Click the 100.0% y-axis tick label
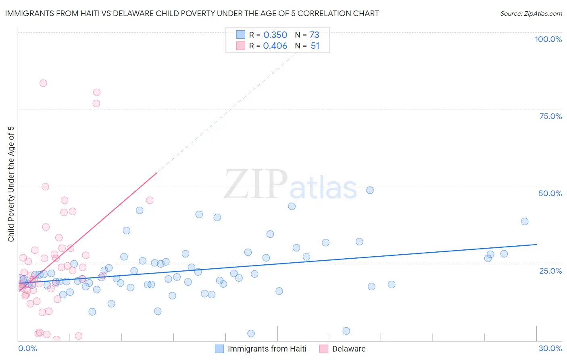click(548, 39)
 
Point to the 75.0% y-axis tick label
click(550, 116)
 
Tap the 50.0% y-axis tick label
click(550, 193)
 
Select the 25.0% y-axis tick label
click(550, 270)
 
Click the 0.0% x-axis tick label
click(27, 348)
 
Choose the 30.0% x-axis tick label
click(550, 348)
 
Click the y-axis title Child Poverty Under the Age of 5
click(11, 184)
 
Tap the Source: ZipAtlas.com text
click(531, 13)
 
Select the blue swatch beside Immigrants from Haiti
click(219, 349)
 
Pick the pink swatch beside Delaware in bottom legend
click(323, 349)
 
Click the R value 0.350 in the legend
click(275, 35)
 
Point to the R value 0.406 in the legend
click(275, 46)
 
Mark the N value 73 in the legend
click(314, 35)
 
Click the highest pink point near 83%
click(43, 83)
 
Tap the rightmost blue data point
click(525, 221)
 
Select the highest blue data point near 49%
click(370, 190)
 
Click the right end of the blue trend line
click(536, 245)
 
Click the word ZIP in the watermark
click(256, 184)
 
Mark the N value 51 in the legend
click(315, 46)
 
